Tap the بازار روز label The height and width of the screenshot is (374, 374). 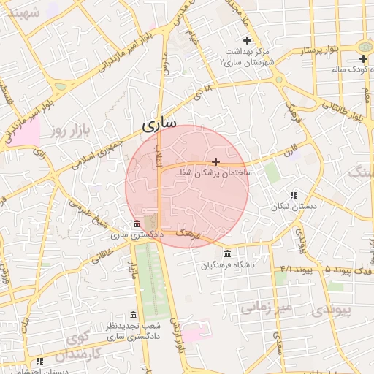(69, 131)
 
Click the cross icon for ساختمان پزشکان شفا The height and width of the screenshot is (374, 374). (215, 161)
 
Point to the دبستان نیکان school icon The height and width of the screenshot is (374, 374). (294, 195)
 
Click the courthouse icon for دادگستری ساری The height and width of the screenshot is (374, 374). (137, 224)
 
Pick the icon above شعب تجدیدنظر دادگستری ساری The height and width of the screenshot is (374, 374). (133, 314)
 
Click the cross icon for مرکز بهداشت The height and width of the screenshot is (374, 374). (247, 40)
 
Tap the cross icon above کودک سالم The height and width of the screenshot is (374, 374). (363, 58)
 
